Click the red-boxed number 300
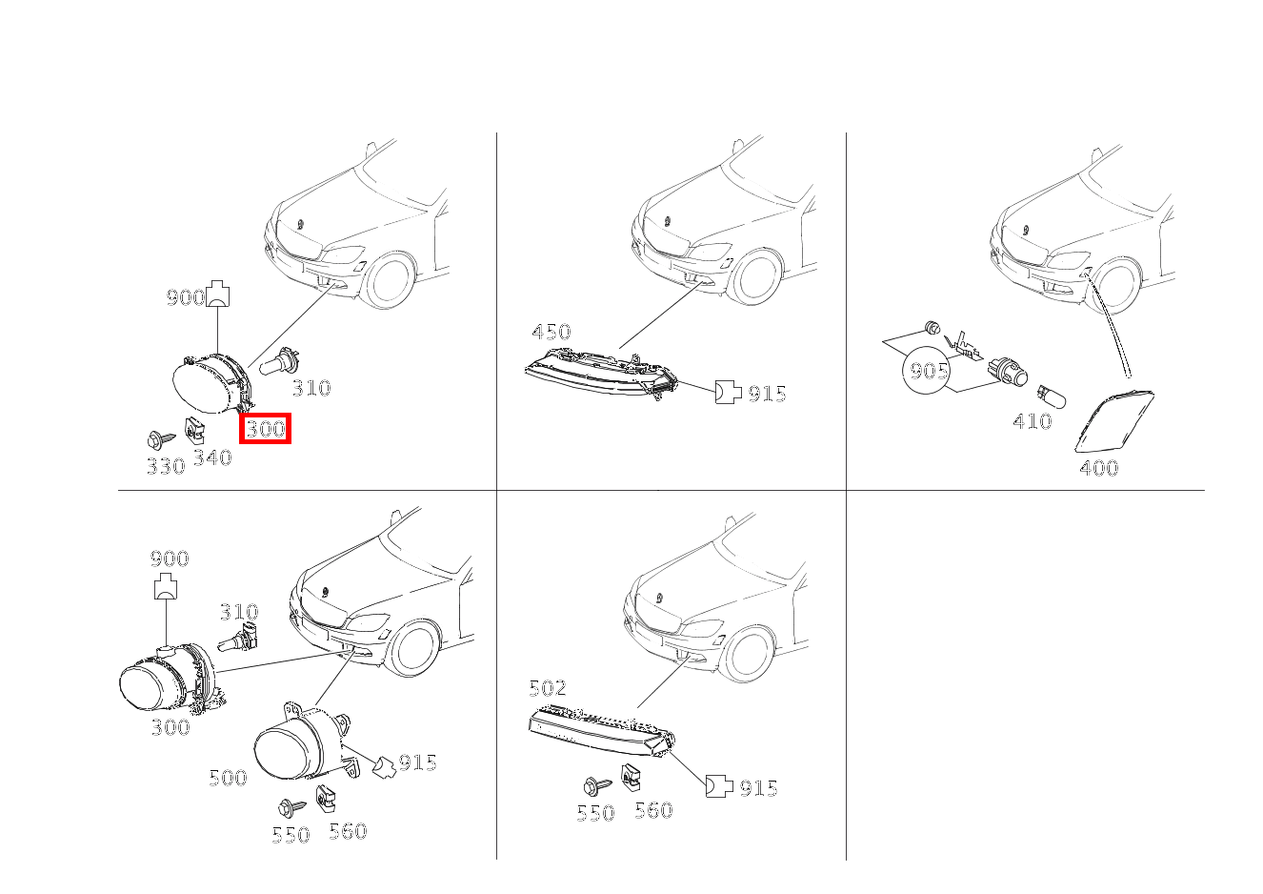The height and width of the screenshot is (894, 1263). (266, 429)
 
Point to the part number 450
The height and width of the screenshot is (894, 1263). (551, 332)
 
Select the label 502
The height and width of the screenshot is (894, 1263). (548, 687)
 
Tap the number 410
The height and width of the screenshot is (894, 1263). (1032, 421)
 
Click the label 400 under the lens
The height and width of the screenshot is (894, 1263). (1099, 468)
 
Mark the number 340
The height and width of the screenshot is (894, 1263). (212, 457)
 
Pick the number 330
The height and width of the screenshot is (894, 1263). (166, 466)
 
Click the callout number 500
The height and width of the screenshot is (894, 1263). (228, 779)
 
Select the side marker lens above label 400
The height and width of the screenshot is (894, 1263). (1113, 421)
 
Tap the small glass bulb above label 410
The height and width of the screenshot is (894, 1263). (1052, 396)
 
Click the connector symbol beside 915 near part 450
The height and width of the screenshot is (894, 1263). (728, 392)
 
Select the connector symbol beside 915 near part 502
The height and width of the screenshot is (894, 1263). (719, 786)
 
